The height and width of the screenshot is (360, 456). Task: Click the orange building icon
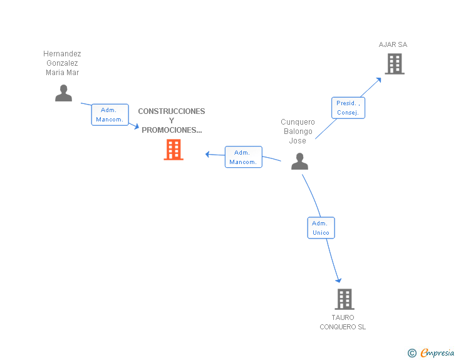coord(174,150)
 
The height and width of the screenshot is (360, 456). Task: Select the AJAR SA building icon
coord(395,64)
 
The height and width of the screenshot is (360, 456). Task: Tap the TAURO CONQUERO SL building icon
coord(345,299)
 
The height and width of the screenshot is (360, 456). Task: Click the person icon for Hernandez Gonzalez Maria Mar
coord(63,93)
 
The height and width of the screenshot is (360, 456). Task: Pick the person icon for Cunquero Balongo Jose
coord(299,161)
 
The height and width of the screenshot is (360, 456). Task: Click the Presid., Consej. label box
coord(348,108)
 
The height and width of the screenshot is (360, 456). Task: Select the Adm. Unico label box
coord(321,228)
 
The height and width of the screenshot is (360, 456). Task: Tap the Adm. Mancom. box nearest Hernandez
coord(110,115)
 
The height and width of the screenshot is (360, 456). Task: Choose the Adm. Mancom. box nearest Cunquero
coord(244,157)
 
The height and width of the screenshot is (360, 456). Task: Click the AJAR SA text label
coord(393,44)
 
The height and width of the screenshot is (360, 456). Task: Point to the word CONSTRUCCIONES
coord(172,111)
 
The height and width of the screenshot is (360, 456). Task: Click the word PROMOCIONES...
coord(172,130)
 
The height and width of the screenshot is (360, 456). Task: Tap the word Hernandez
coord(62,53)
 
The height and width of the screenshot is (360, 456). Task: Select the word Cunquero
coord(298,122)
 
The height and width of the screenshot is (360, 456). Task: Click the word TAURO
coord(343,317)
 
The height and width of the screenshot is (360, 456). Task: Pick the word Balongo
coord(298,131)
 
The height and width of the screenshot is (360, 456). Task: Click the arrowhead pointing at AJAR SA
coord(378,80)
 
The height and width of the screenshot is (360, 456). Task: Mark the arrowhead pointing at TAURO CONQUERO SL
coord(338,280)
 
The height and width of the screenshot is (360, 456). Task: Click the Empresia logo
coord(437,352)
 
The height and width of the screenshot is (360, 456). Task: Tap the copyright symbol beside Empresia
coord(412,353)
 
